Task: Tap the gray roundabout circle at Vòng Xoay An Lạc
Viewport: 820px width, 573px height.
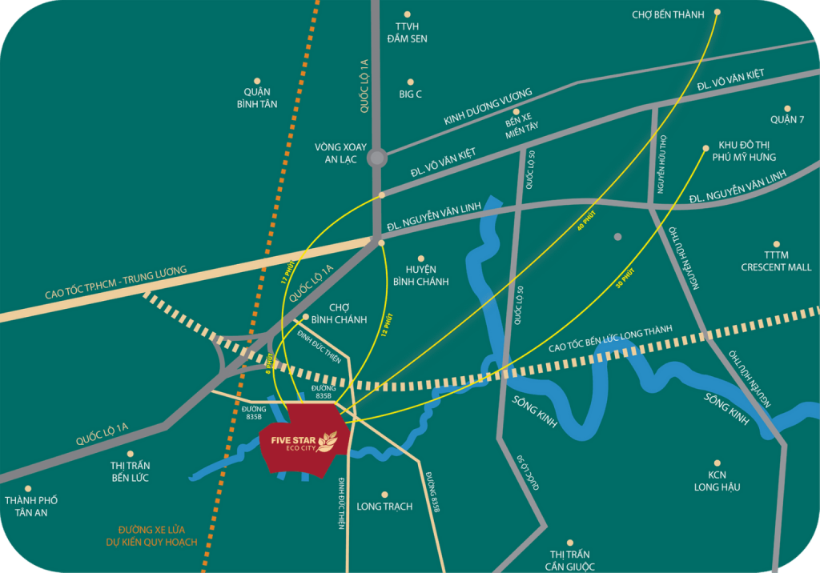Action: [376, 158]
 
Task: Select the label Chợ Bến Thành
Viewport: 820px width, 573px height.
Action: [667, 14]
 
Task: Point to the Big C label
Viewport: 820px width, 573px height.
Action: [410, 94]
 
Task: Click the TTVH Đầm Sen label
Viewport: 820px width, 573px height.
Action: [407, 32]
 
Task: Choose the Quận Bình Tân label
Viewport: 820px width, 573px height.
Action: [257, 98]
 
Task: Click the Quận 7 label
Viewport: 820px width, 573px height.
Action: [786, 120]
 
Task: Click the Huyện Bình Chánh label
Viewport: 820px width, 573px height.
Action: [420, 275]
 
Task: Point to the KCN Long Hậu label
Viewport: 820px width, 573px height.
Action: [717, 481]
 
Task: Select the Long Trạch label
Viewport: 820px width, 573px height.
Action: [384, 507]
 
